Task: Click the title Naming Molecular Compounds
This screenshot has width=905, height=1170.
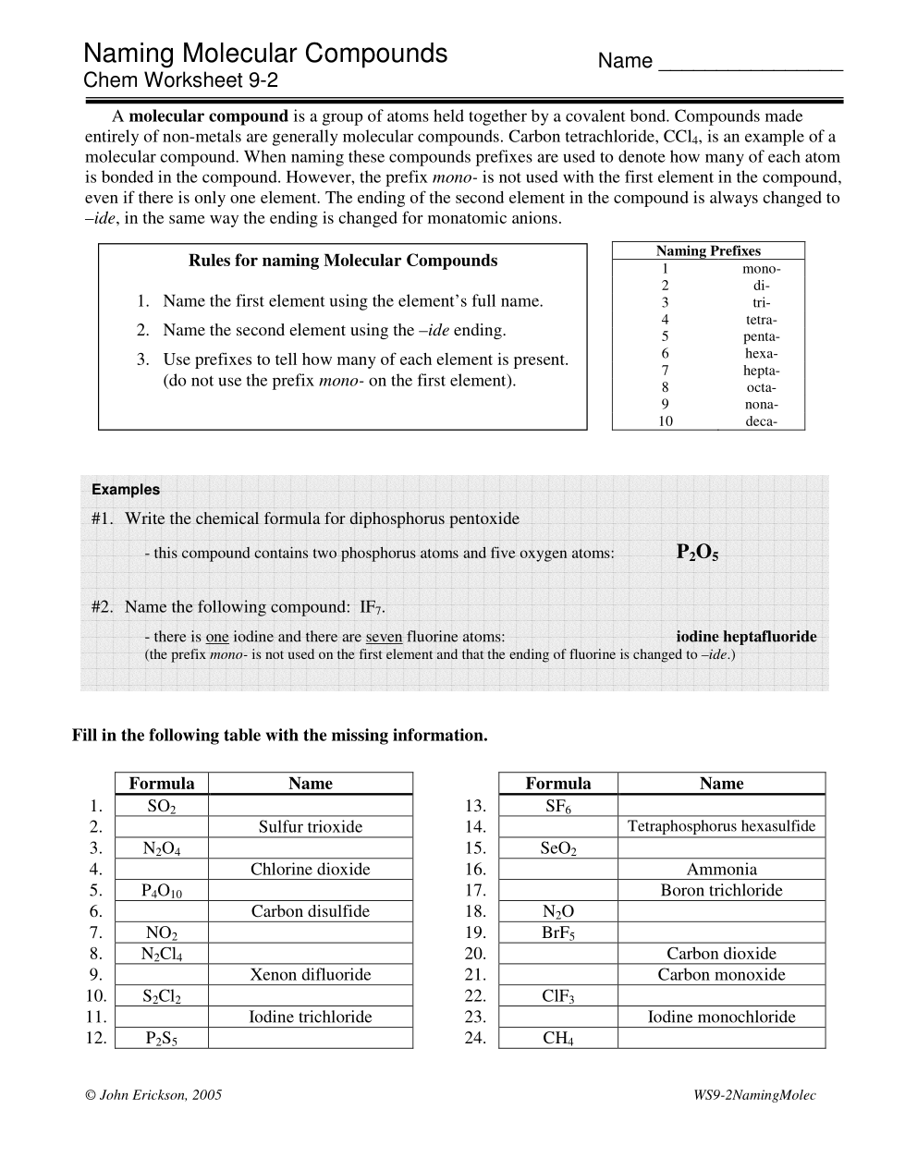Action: [265, 54]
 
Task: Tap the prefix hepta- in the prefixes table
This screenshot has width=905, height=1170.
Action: [761, 371]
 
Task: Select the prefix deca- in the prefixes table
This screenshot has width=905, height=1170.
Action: [761, 421]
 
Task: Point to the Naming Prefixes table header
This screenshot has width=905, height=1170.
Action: [708, 250]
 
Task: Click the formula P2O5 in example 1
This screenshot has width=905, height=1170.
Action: [697, 553]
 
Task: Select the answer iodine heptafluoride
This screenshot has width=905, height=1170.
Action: [746, 637]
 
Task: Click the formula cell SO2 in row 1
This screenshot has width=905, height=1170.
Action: [162, 806]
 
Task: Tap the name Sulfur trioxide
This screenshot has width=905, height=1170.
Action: [310, 827]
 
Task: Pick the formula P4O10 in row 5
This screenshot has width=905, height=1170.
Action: [162, 891]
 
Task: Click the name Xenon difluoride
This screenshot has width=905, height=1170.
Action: [310, 975]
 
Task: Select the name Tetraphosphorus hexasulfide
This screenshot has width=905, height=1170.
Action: [721, 826]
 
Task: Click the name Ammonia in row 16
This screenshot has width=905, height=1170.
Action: [721, 870]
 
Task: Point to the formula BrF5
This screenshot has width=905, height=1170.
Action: [558, 933]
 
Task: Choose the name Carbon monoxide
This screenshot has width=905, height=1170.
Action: [721, 975]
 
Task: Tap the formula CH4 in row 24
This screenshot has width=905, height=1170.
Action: [558, 1039]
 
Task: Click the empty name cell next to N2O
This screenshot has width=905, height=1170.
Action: [721, 912]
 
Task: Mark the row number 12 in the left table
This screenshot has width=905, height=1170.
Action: [96, 1039]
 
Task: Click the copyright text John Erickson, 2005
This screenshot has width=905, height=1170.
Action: [153, 1095]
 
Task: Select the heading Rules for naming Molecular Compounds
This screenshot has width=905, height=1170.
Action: [343, 261]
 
